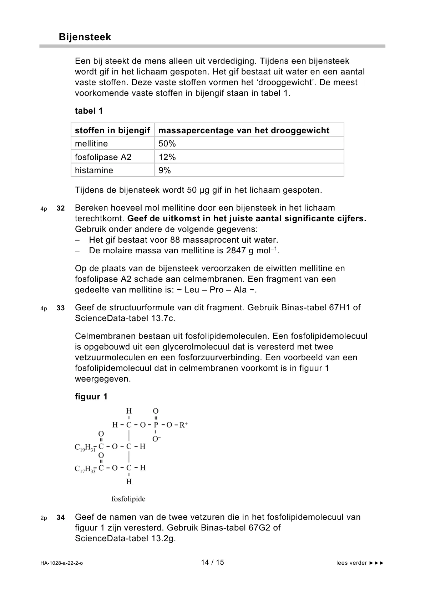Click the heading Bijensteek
pos(85,37)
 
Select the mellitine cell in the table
pos(91,144)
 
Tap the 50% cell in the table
pos(167,144)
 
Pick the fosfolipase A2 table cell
pos(103,157)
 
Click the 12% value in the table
pos(167,157)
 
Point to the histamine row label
pos(94,170)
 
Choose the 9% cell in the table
pos(165,170)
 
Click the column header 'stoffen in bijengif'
pos(112,130)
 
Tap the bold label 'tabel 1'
pos(89,111)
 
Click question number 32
pos(61,208)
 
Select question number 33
pos(61,308)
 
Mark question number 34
pos(61,518)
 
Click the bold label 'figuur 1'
pos(91,397)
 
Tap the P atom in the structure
pos(156,425)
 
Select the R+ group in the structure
pos(183,425)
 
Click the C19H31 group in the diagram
pos(85,448)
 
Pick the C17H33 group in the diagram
pos(85,469)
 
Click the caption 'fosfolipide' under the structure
pos(128,499)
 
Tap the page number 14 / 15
pos(212,562)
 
